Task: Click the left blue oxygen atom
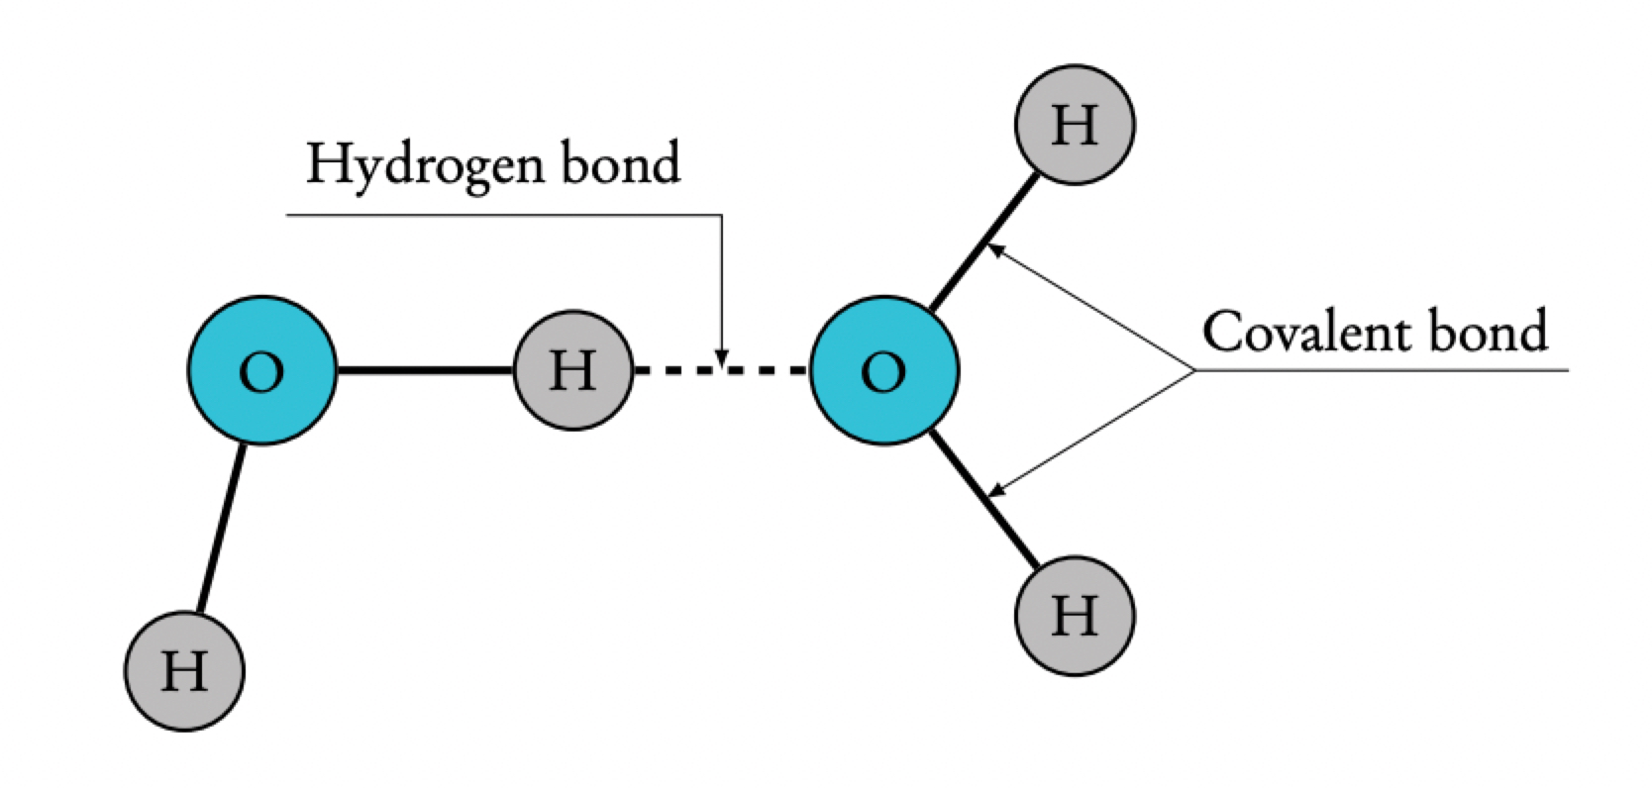[x=261, y=370]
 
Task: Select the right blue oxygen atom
[x=883, y=370]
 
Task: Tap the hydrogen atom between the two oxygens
[x=572, y=370]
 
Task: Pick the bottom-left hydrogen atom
[x=184, y=671]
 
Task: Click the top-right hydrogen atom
[x=1075, y=125]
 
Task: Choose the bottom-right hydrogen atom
[x=1075, y=616]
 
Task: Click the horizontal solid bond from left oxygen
[x=425, y=370]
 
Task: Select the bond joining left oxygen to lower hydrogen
[x=220, y=529]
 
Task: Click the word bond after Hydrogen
[x=622, y=163]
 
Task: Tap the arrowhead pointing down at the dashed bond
[x=722, y=355]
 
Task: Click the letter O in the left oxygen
[x=261, y=372]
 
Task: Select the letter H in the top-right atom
[x=1075, y=127]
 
